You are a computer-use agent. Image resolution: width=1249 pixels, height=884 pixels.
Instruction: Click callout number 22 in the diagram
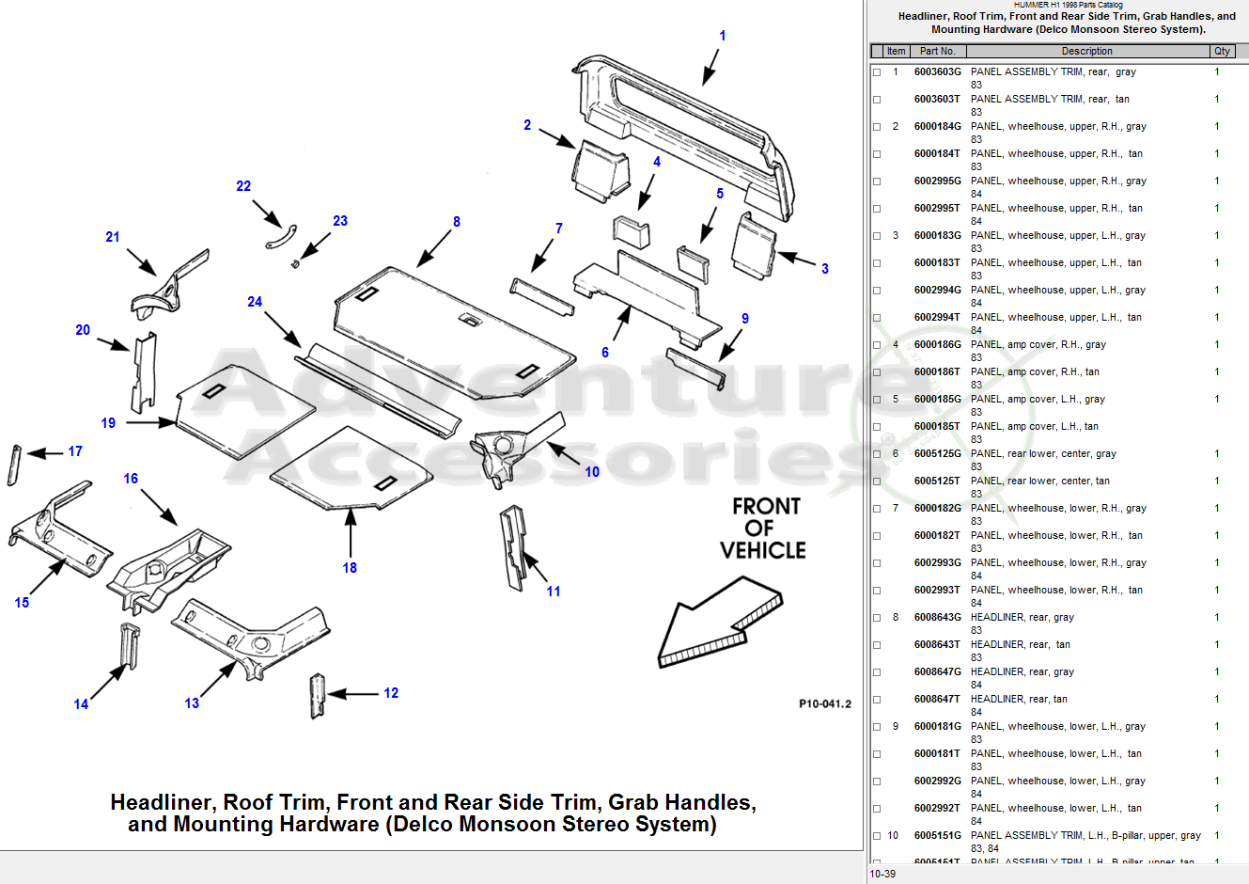[243, 186]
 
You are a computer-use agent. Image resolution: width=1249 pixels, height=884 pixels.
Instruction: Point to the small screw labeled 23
[295, 263]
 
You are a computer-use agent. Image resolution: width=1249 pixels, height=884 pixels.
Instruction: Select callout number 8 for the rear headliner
[457, 222]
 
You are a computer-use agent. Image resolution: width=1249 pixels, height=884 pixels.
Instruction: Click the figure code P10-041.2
[824, 703]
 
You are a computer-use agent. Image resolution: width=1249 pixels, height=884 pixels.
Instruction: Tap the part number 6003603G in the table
[937, 71]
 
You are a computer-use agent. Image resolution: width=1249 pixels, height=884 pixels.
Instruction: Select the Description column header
[1086, 51]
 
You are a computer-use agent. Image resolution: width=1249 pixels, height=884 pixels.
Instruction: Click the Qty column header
[1222, 51]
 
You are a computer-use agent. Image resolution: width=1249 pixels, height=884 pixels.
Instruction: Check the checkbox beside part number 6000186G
[877, 345]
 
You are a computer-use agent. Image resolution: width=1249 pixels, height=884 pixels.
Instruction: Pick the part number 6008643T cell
[937, 644]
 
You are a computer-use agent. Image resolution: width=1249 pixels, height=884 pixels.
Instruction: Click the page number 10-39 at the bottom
[882, 874]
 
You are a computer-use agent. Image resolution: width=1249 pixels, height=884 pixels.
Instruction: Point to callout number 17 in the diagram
[75, 451]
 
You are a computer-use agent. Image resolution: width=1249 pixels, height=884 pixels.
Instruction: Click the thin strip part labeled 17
[14, 465]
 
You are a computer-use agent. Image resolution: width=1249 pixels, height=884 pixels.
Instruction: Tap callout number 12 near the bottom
[391, 693]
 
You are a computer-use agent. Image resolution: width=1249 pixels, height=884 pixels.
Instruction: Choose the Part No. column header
[937, 51]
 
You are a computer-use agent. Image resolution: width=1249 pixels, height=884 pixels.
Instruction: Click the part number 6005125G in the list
[937, 453]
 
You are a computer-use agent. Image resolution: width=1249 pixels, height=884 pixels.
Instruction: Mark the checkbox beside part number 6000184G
[877, 127]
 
